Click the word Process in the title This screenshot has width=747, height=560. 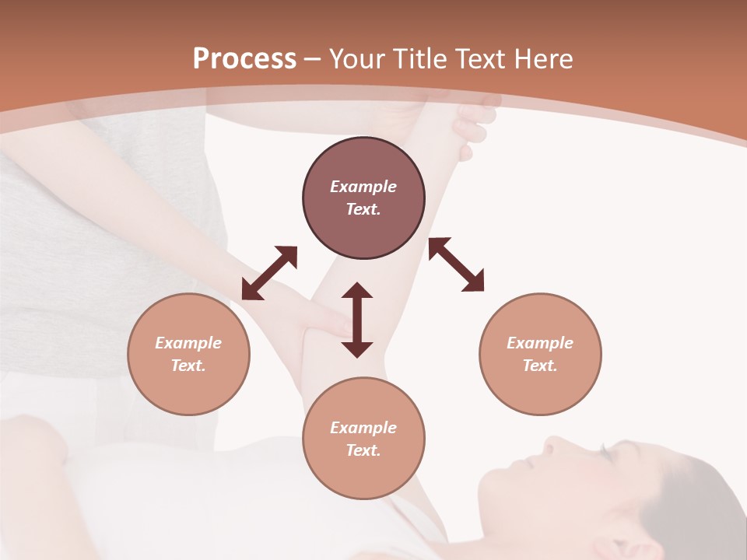pos(244,59)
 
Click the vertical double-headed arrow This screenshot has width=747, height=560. pos(357,320)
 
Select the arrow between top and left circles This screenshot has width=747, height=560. pos(269,273)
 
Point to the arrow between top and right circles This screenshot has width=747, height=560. pos(456,264)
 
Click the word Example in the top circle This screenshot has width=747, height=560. pos(363,187)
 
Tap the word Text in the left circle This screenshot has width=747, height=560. pos(188,366)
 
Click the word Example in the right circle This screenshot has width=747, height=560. pos(540,343)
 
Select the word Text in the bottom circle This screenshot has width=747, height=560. pos(363,450)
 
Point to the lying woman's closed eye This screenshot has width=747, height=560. pos(601,450)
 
